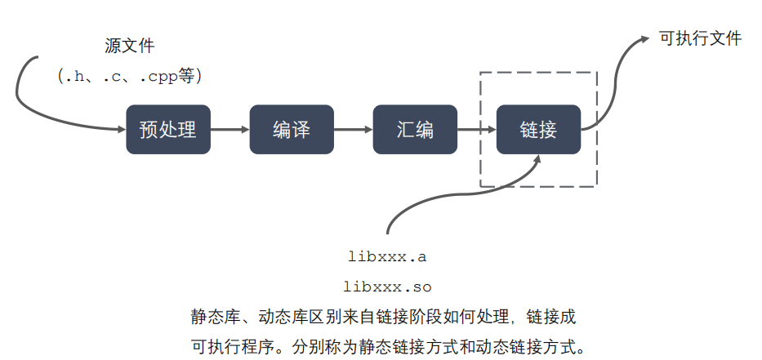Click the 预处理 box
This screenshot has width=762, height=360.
[168, 129]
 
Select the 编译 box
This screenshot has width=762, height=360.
[292, 129]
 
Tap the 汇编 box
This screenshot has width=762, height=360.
[415, 129]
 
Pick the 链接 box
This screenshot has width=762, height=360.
[538, 129]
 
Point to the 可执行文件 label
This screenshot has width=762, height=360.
[700, 38]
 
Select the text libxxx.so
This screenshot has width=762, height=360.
[387, 287]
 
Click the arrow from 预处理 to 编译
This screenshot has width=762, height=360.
[229, 129]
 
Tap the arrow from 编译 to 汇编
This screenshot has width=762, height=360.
[353, 129]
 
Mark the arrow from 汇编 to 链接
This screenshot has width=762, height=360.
[477, 129]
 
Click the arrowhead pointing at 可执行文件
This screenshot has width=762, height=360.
[646, 38]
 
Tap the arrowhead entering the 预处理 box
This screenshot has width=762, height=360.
[119, 128]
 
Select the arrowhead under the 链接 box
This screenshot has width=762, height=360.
[537, 161]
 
